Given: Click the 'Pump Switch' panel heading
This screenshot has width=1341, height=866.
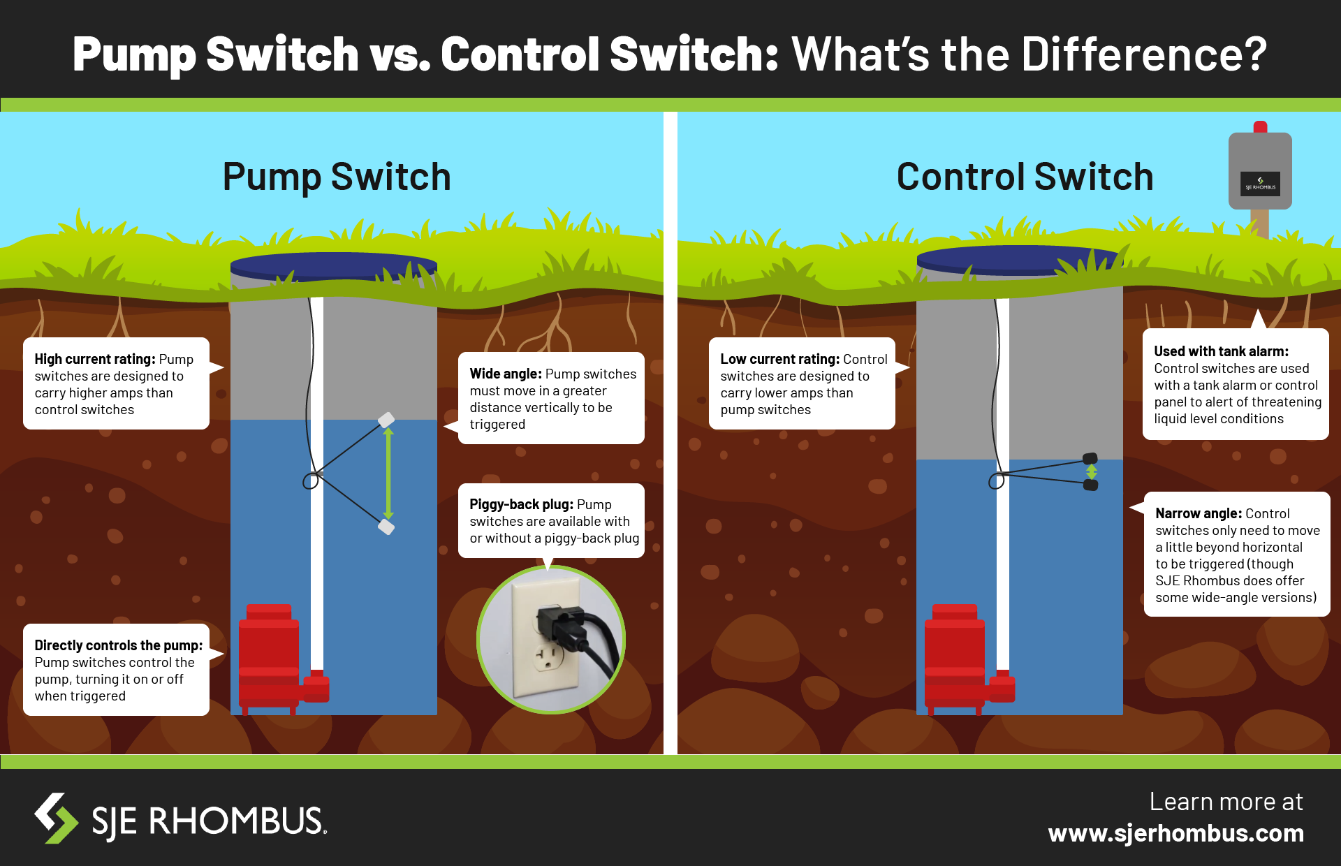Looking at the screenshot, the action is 337,177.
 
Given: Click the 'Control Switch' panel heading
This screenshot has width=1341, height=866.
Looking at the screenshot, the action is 1025,177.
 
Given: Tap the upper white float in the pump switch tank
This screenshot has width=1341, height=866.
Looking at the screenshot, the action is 386,420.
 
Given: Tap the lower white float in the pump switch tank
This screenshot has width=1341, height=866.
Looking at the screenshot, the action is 386,527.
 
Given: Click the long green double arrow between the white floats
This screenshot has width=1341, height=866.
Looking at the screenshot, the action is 388,474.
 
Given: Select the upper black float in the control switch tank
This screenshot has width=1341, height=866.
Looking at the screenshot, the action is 1090,459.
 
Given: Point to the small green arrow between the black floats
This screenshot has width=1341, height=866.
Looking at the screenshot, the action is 1091,472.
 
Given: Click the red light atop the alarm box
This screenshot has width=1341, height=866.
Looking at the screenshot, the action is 1260,127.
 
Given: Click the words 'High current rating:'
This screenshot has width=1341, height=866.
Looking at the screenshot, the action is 95,359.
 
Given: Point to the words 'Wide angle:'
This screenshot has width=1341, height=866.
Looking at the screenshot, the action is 506,374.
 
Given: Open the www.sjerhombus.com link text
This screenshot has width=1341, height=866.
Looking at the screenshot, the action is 1176,833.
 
